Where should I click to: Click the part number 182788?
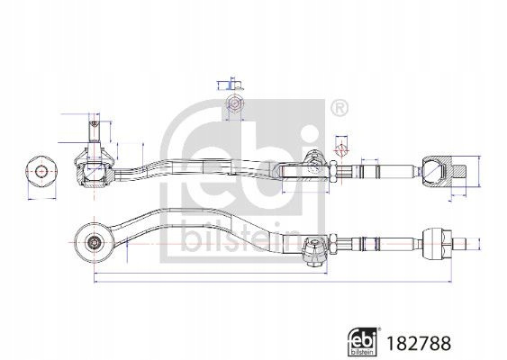pyautogui.click(x=419, y=344)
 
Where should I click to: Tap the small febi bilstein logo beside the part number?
pyautogui.click(x=363, y=342)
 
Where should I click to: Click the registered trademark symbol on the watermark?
pyautogui.click(x=340, y=108)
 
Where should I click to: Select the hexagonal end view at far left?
pyautogui.click(x=41, y=171)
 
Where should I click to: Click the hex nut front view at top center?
pyautogui.click(x=234, y=103)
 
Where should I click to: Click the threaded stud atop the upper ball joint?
pyautogui.click(x=94, y=130)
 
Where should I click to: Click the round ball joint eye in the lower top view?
pyautogui.click(x=94, y=242)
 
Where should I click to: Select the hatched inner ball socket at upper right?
pyautogui.click(x=437, y=172)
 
